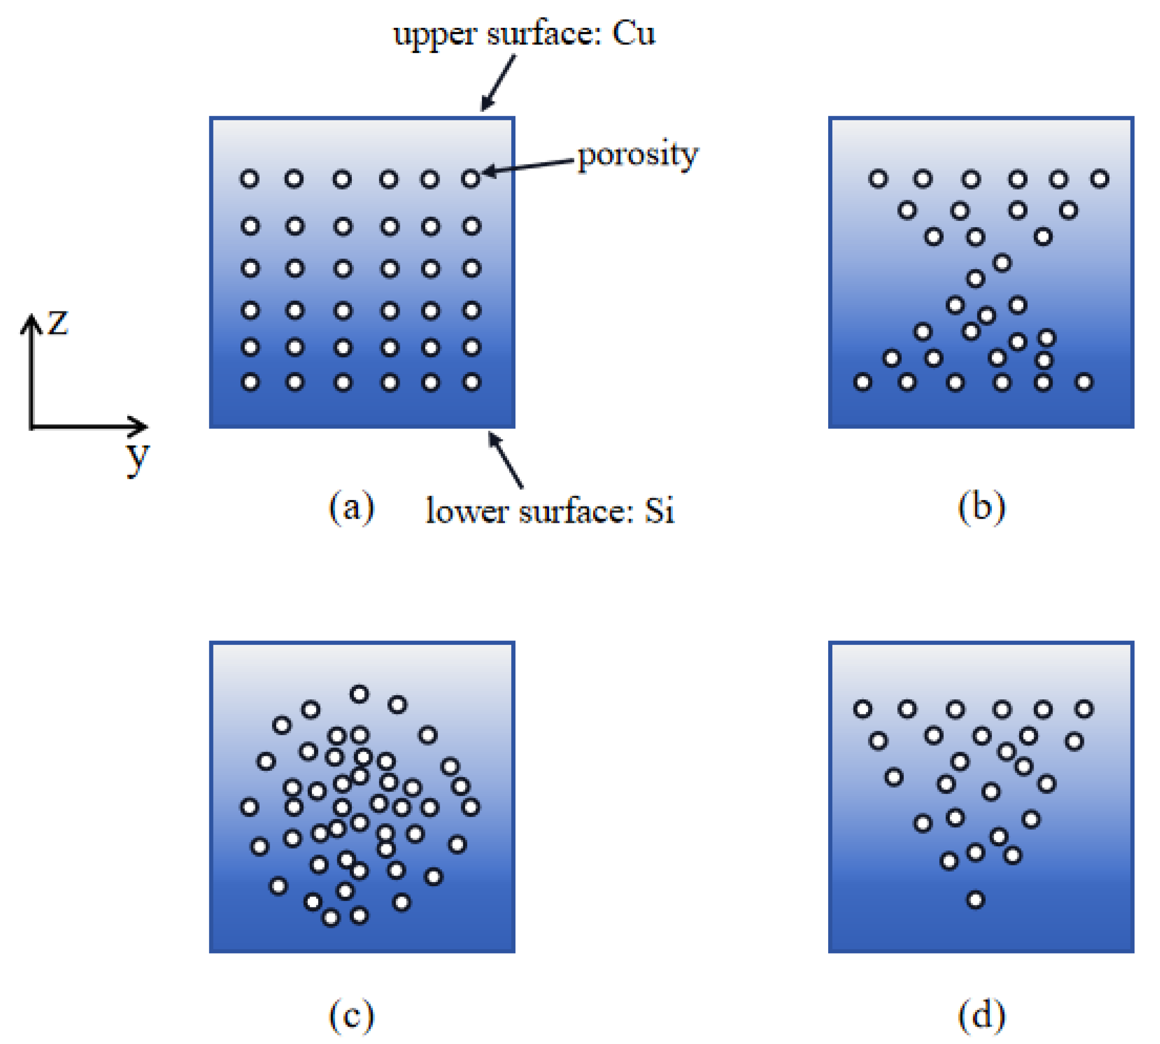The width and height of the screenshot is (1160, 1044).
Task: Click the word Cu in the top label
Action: [633, 33]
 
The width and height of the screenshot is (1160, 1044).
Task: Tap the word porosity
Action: [638, 155]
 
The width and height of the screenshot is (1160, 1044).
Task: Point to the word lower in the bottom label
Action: [466, 510]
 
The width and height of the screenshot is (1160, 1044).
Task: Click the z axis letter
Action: [58, 322]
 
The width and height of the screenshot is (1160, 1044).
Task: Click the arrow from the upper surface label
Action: [498, 82]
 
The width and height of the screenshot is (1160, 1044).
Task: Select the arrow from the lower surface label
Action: [505, 459]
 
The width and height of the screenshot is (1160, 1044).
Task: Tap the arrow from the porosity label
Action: [528, 166]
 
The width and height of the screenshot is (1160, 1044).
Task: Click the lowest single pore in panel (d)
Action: [975, 899]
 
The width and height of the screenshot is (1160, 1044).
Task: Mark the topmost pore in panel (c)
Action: [359, 694]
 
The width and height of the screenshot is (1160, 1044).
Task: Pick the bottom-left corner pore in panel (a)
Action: [250, 382]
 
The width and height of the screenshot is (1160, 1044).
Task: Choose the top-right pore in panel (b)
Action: [1099, 179]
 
